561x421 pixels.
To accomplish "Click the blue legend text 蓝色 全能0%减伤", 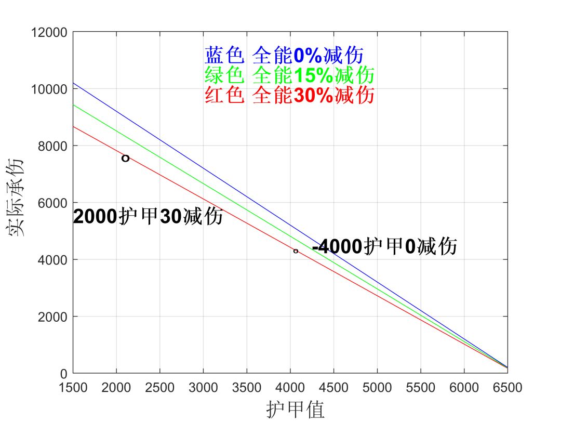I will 284,55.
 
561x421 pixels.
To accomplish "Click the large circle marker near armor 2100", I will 125,158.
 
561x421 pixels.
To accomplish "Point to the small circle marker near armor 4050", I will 296,251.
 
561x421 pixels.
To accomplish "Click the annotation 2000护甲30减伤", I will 148,217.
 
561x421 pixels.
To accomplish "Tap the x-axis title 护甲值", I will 295,409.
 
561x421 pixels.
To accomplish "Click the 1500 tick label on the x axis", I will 73,387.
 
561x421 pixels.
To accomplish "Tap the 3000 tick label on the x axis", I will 203,387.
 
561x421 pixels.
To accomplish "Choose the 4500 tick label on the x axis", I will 333,387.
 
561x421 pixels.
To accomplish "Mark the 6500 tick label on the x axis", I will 507,387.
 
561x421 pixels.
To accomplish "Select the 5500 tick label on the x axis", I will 420,387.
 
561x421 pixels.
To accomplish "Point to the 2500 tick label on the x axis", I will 160,387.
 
